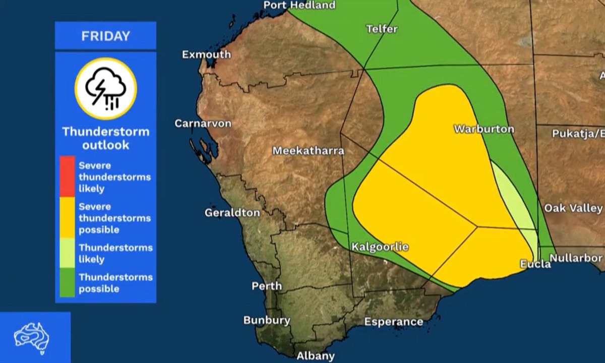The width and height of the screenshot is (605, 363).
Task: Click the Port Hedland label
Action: tap(299, 6)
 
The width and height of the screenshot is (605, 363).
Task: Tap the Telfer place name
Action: tap(382, 29)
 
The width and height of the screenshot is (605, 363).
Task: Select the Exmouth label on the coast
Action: tap(206, 54)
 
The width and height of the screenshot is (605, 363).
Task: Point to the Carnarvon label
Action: tap(203, 124)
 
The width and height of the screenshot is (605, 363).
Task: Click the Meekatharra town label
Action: tap(308, 151)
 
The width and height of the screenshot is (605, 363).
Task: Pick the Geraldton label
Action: tap(232, 213)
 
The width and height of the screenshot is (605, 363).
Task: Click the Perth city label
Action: tap(267, 286)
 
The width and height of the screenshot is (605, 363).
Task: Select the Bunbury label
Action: tap(267, 320)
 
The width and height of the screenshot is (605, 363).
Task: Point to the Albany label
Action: tap(316, 355)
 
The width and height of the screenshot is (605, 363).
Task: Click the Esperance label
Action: tap(394, 322)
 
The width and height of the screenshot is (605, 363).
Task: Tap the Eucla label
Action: tap(535, 264)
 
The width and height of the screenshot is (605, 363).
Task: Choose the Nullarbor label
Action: tap(576, 258)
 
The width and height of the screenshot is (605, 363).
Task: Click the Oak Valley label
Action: tap(573, 208)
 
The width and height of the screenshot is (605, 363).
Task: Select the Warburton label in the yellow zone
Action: tap(484, 129)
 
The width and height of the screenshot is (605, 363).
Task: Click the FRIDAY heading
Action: tap(105, 36)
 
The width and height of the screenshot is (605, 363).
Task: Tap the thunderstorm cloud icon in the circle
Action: tap(106, 89)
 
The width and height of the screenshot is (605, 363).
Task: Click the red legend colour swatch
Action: tap(67, 176)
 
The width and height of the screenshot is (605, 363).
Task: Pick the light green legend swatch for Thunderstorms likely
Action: tap(67, 254)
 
